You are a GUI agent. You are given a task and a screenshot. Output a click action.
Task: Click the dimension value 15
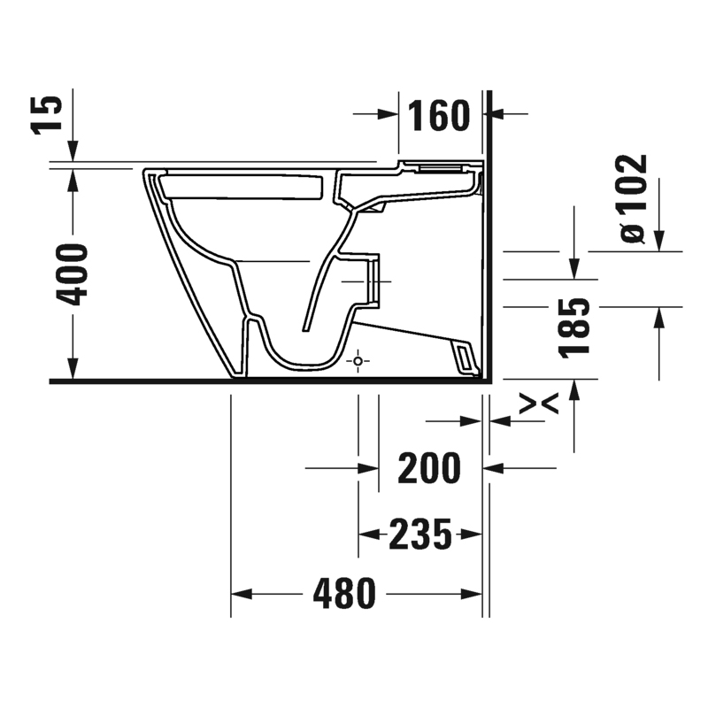pos(46,115)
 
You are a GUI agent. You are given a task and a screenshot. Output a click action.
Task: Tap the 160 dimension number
pos(439,116)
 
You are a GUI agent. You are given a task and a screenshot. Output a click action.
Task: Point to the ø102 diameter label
pos(634,198)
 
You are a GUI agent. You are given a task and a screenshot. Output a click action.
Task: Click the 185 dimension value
pos(574,327)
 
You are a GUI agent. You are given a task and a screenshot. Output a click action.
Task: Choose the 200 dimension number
pos(429,468)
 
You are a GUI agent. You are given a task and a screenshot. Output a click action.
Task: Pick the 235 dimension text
pos(419,535)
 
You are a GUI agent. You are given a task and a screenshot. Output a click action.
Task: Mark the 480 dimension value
pos(344,593)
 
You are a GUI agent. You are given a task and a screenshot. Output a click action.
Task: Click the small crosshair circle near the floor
pos(358,361)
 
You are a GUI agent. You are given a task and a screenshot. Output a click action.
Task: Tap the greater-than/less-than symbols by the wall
pos(539,404)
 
